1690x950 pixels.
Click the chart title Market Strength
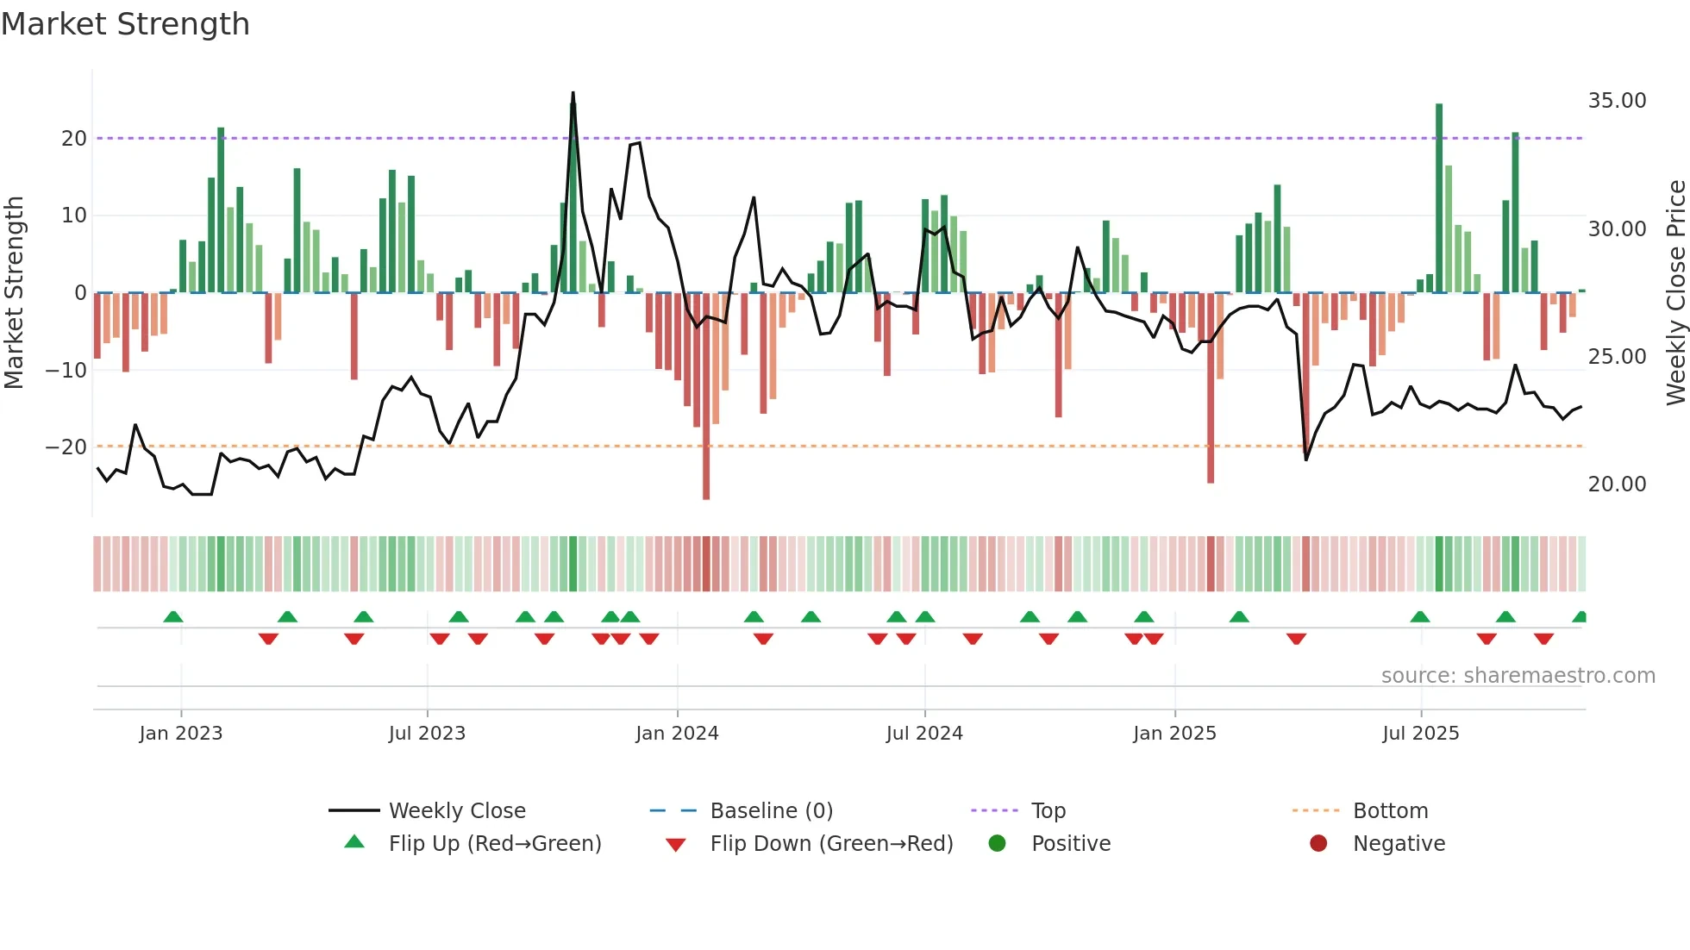[125, 24]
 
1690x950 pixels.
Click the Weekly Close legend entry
[456, 810]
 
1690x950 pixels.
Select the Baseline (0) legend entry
[771, 810]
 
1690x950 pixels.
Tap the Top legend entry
[1048, 810]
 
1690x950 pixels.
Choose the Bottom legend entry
[1390, 810]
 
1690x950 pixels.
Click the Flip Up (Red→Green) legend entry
[494, 843]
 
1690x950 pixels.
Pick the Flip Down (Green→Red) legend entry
[831, 843]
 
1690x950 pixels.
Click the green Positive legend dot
[998, 843]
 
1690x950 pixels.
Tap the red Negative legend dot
[1318, 843]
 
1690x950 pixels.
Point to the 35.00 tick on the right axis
[1617, 101]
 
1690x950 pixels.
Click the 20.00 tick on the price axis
[1617, 484]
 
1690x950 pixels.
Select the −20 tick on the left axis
[66, 447]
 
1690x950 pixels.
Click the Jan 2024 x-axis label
[677, 734]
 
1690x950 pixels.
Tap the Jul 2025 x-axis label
[1420, 734]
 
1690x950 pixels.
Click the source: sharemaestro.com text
[1518, 676]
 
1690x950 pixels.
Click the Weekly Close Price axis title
[1675, 293]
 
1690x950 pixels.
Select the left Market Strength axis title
[15, 293]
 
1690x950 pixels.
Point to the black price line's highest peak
[573, 93]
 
